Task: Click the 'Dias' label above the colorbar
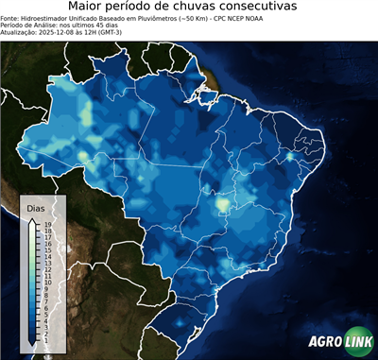[36, 207]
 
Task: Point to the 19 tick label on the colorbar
[47, 225]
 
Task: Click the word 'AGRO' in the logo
[323, 342]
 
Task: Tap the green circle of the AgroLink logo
[359, 342]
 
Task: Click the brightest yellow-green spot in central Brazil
[223, 203]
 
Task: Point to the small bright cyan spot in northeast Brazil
[289, 157]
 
